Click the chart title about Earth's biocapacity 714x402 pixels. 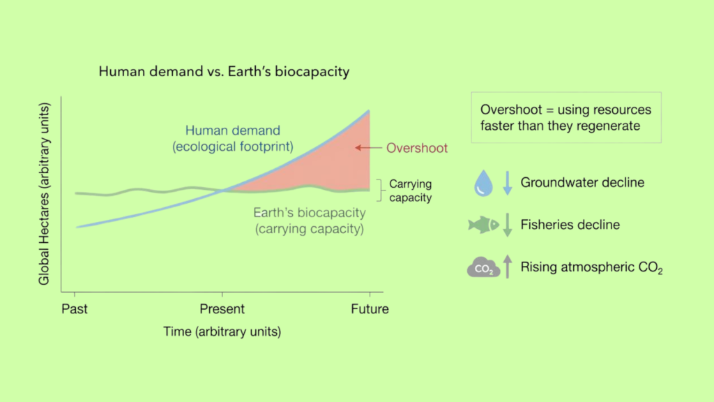pyautogui.click(x=224, y=72)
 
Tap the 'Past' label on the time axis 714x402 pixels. pyautogui.click(x=75, y=309)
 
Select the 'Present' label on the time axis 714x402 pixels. pyautogui.click(x=222, y=309)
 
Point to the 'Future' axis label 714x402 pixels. pyautogui.click(x=370, y=309)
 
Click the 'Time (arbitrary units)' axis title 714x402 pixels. pyautogui.click(x=222, y=332)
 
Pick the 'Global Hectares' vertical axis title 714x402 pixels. pyautogui.click(x=44, y=194)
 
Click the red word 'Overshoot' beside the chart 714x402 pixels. pyautogui.click(x=417, y=148)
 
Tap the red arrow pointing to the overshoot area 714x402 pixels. pyautogui.click(x=368, y=148)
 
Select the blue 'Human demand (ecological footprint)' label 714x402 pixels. pyautogui.click(x=233, y=139)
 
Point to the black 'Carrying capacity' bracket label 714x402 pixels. pyautogui.click(x=410, y=191)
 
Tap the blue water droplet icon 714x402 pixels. pyautogui.click(x=483, y=184)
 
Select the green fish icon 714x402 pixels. pyautogui.click(x=484, y=225)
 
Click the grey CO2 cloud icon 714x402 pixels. pyautogui.click(x=484, y=267)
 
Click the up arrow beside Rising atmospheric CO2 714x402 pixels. pyautogui.click(x=508, y=266)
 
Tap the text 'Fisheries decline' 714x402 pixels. pyautogui.click(x=570, y=225)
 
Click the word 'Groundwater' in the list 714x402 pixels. pyautogui.click(x=559, y=183)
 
